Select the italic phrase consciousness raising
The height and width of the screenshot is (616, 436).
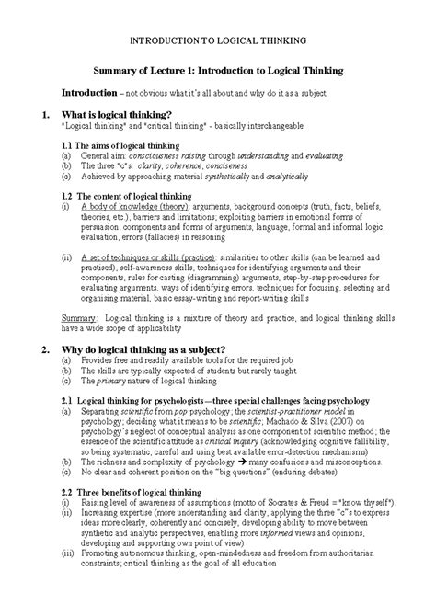point(159,156)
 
